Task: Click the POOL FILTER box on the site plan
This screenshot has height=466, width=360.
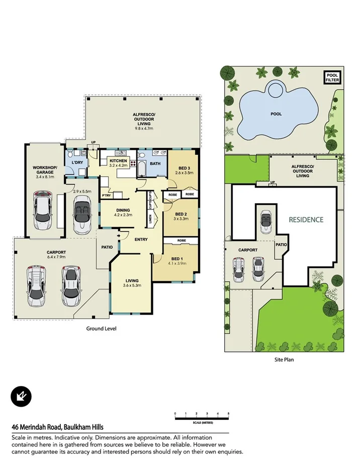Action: coord(332,77)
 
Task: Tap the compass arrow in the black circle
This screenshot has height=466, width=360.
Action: coord(21,397)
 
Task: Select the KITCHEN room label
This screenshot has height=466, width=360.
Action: coord(119,161)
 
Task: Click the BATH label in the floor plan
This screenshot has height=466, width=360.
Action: coord(155,164)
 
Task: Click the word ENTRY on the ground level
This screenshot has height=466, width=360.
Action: coord(141,239)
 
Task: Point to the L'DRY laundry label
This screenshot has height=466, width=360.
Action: coord(77,163)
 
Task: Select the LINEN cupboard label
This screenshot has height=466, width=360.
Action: coord(150,218)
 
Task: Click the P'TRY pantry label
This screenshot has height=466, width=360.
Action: coord(106,195)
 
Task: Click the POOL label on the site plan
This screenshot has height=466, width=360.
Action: coord(276,114)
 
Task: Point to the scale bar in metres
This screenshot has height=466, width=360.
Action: coord(202,415)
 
